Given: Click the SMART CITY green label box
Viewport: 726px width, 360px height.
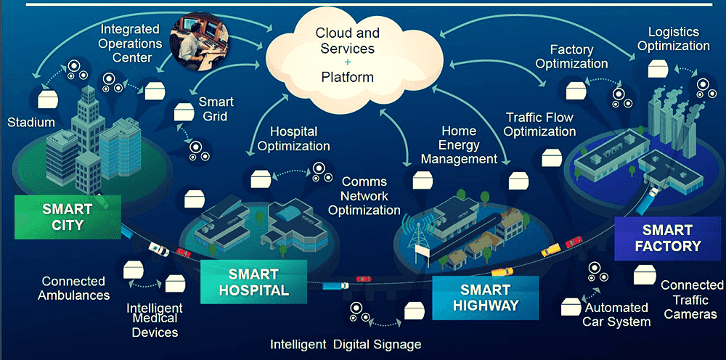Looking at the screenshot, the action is [x=68, y=217].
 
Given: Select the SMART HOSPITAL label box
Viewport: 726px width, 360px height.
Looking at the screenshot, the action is [x=253, y=282].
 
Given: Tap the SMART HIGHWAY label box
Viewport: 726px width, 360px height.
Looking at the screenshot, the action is [x=485, y=298].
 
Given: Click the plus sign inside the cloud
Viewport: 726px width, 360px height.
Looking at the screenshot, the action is [x=348, y=62].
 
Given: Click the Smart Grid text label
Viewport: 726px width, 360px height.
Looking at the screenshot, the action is [x=216, y=109].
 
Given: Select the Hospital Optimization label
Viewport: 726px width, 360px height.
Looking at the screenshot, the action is [x=293, y=139].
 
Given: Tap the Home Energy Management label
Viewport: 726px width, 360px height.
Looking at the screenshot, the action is [x=460, y=145].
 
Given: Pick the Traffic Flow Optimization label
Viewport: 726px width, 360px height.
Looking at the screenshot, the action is [x=540, y=124].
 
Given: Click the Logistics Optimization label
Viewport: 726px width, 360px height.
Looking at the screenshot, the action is [x=674, y=39].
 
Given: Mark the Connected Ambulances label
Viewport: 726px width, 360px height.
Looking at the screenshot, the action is [x=73, y=288].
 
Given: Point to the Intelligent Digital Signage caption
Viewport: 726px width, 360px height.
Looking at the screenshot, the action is [x=346, y=344].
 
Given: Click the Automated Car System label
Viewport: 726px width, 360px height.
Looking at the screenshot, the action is [x=616, y=315].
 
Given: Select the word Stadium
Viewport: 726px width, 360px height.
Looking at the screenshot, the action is [x=31, y=123].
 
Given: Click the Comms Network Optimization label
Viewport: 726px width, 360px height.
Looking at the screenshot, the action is [x=364, y=196].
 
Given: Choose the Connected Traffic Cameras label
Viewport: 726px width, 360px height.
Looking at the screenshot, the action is [x=692, y=299].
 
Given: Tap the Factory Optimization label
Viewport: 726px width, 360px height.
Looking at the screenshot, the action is [x=572, y=57].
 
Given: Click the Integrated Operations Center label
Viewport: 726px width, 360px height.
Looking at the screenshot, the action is [x=131, y=44].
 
